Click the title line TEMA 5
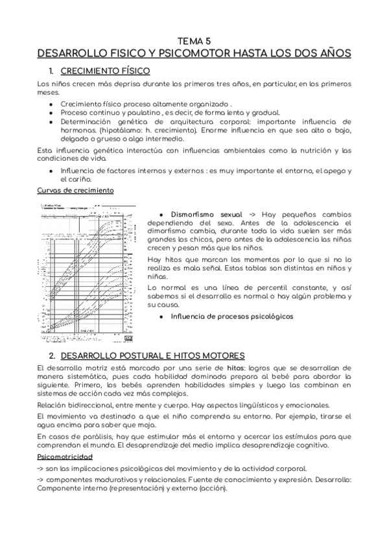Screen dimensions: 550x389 click(194, 40)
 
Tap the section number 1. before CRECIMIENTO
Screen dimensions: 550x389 click(51, 70)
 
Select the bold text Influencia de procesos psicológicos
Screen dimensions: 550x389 click(231, 317)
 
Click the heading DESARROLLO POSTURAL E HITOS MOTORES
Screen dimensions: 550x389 click(152, 355)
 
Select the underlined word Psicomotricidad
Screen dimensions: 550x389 click(69, 457)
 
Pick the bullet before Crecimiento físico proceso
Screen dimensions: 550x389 click(51, 104)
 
